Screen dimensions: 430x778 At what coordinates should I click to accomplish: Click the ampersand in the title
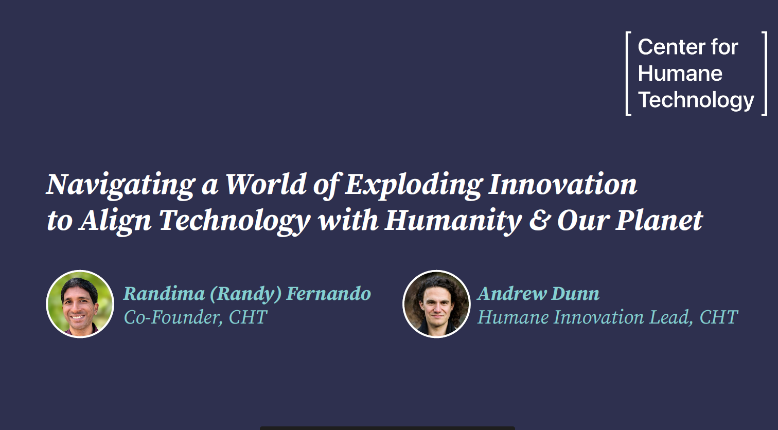click(539, 221)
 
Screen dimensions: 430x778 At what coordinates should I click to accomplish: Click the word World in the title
click(266, 185)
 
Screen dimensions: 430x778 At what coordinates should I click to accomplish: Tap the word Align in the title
click(116, 221)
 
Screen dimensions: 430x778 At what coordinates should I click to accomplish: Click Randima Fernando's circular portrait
click(80, 304)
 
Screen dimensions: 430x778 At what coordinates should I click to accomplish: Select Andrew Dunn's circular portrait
click(436, 304)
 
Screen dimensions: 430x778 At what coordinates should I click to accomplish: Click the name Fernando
click(328, 294)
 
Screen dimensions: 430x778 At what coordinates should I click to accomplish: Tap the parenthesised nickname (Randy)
click(245, 294)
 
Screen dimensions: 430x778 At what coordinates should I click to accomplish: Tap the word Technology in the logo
click(696, 100)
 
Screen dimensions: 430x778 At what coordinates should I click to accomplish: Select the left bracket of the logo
click(628, 74)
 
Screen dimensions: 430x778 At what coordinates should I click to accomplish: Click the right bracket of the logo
click(764, 74)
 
